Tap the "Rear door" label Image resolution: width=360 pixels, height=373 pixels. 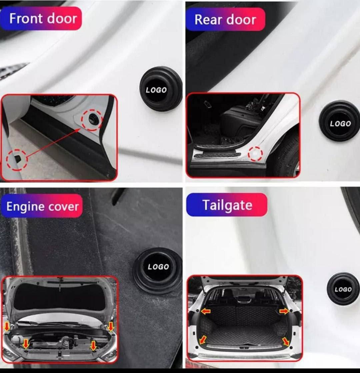click(x=225, y=19)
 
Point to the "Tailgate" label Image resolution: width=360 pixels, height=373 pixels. click(x=227, y=205)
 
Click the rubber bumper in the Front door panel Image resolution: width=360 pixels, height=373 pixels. click(x=161, y=89)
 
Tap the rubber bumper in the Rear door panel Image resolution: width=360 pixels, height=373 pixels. click(x=339, y=122)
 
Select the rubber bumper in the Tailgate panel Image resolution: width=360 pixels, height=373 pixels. click(x=343, y=289)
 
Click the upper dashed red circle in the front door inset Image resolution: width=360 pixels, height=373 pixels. click(x=92, y=120)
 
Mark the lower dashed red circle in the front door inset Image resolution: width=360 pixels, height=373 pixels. click(x=17, y=159)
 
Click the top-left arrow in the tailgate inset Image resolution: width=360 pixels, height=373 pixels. click(x=206, y=311)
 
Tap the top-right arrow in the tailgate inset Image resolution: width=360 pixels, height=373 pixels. click(x=284, y=311)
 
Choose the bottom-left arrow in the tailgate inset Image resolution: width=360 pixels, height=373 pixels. click(x=203, y=340)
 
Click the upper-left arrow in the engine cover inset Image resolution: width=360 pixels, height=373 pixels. click(x=7, y=327)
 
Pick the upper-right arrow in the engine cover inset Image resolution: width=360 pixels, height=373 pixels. click(x=110, y=326)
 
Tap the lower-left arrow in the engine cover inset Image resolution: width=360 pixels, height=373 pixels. click(x=26, y=344)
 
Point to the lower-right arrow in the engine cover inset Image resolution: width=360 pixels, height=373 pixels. click(x=93, y=345)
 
